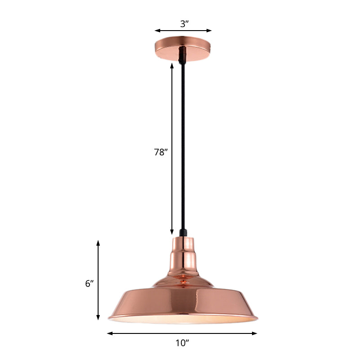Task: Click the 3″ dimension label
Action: (183, 24)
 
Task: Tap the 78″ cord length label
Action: (161, 152)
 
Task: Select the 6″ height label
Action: (89, 283)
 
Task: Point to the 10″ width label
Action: (182, 344)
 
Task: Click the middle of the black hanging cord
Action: (183, 148)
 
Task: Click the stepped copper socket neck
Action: (183, 254)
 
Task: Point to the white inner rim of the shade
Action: (183, 319)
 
